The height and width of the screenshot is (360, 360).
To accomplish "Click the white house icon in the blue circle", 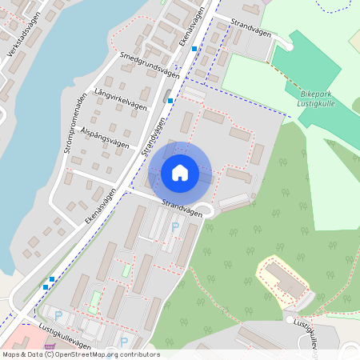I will coord(180,173).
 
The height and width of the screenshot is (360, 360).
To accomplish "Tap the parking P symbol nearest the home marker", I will coord(175,227).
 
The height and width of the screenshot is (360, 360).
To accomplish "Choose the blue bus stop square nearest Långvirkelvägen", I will coord(170,101).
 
